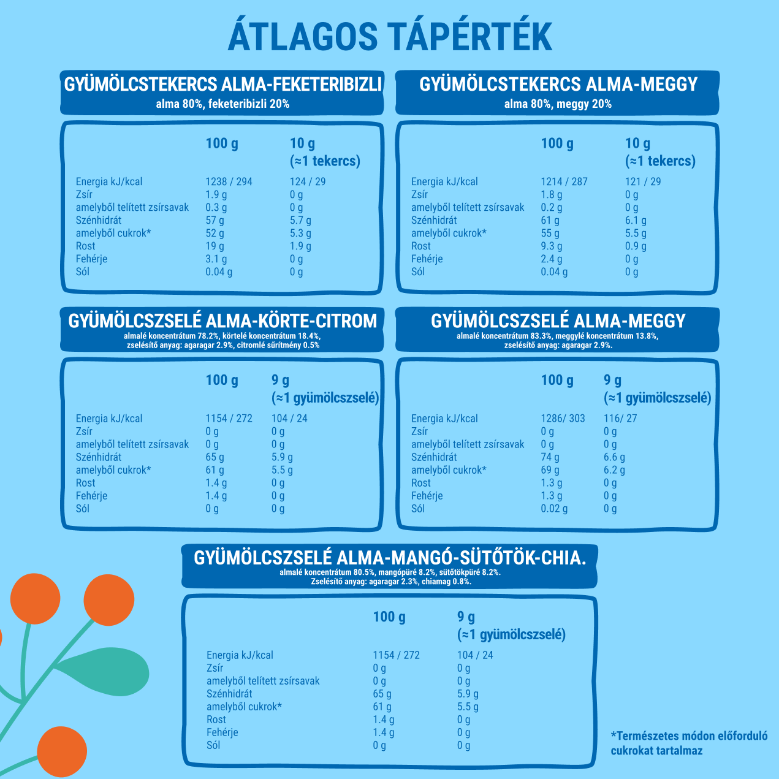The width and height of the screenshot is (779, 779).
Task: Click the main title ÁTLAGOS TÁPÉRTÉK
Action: point(390,37)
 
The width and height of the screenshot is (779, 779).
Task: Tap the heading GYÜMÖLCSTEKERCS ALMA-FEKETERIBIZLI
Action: point(223,85)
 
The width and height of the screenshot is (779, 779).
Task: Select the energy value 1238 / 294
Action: point(229,181)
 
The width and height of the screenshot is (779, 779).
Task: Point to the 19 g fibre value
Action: point(215,246)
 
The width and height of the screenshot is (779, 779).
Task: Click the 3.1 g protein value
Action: point(216,259)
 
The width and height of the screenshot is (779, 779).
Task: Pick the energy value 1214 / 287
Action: point(564,181)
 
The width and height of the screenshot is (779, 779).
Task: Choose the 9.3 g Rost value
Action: point(551,246)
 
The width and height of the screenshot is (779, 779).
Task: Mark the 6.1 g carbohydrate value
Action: point(636,220)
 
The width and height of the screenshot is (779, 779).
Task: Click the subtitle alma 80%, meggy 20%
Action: point(558,104)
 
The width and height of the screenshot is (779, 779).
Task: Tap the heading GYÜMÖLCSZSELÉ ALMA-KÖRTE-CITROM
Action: point(222,321)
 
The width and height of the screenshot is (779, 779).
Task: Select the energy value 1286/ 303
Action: point(563,419)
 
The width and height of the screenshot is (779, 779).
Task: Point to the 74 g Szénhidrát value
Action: point(550,457)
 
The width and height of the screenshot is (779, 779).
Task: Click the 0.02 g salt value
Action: point(554,509)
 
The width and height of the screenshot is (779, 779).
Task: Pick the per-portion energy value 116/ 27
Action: point(620,419)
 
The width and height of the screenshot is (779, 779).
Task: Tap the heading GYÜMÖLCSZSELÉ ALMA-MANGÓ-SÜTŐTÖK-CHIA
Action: point(390,558)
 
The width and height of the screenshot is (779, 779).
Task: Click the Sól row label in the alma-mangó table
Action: point(213,745)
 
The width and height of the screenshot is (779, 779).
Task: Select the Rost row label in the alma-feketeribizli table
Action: point(85,246)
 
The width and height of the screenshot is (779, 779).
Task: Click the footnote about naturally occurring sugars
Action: point(689,743)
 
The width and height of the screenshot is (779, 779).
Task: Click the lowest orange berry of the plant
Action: point(61,752)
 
